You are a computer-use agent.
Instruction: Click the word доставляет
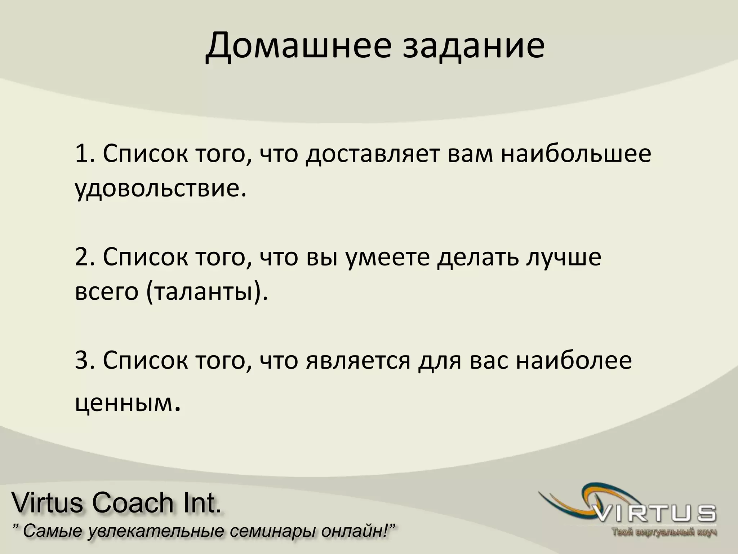pyautogui.click(x=373, y=154)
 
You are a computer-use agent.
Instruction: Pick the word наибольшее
pyautogui.click(x=571, y=154)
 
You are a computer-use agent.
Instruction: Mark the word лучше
pyautogui.click(x=564, y=257)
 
